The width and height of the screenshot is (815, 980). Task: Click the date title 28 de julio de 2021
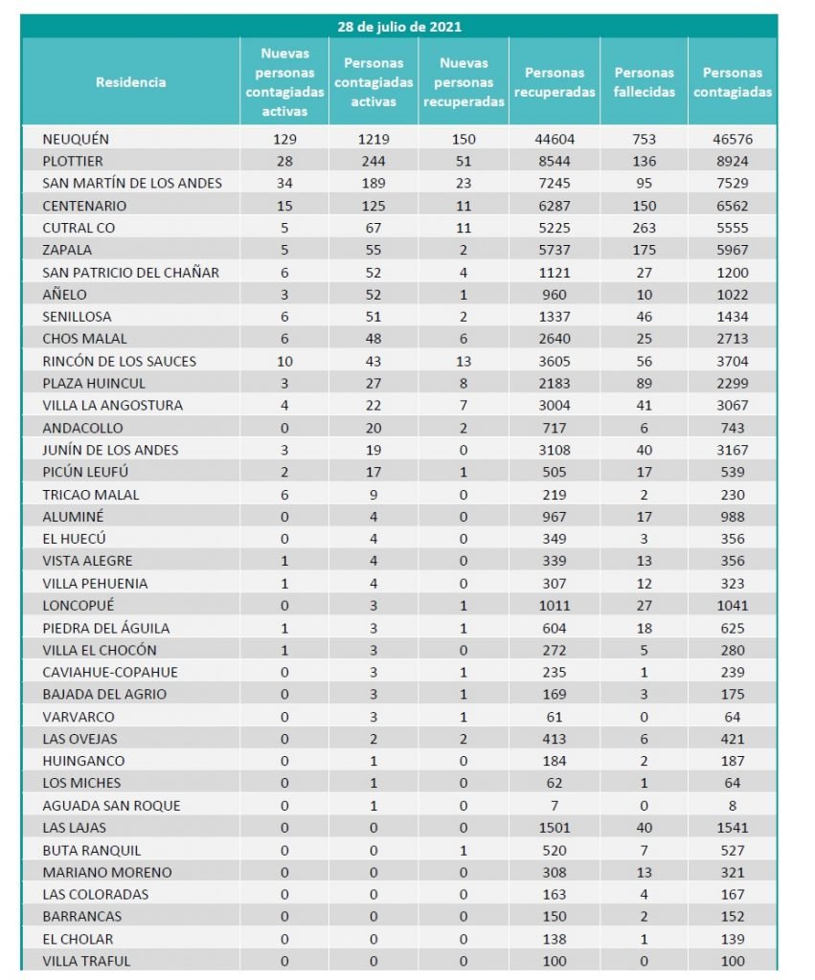pos(399,27)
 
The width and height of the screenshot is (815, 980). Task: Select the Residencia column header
pos(131,82)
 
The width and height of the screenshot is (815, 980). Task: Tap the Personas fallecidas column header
pos(644,82)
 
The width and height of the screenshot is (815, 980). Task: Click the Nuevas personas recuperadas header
pos(464,82)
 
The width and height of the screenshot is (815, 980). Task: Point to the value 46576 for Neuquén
pos(733,139)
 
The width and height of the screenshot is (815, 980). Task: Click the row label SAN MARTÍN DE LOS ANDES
pos(132,183)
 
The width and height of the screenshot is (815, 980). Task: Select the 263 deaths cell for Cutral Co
pos(644,228)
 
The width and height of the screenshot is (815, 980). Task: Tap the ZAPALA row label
pos(66,250)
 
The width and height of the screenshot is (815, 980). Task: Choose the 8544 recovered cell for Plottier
pos(554,161)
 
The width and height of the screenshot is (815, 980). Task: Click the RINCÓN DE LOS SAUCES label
pos(120,361)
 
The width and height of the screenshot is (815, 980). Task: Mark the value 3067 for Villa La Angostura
pos(733,405)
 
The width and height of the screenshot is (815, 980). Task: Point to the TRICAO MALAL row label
pos(91,495)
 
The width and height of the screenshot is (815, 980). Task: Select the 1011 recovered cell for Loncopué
pos(554,605)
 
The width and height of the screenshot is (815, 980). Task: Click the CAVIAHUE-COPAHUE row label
pos(110,672)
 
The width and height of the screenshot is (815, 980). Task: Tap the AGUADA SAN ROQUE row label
pos(111,805)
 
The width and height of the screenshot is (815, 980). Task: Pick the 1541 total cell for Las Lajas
pos(733,827)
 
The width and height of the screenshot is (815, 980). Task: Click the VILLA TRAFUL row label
pos(86,961)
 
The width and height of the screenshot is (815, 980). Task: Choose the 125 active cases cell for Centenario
pos(374,206)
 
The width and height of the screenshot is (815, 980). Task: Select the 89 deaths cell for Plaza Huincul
pos(644,383)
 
